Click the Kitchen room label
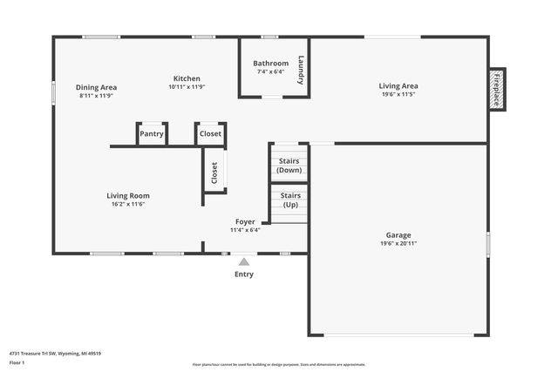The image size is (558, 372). (187, 78)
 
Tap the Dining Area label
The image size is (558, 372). (96, 87)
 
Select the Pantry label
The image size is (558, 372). (152, 134)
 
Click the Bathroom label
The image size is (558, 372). (270, 64)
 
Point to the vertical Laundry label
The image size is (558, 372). (301, 70)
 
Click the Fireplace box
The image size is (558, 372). (496, 90)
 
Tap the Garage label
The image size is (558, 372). (398, 235)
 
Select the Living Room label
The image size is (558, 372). (128, 196)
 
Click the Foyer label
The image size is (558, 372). (245, 222)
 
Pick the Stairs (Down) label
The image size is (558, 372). (289, 166)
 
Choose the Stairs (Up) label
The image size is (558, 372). (291, 200)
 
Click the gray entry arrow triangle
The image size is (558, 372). (244, 261)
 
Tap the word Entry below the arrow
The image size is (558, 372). (244, 274)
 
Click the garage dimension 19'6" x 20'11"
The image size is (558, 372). (398, 244)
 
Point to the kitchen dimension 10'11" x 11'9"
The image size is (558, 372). (186, 87)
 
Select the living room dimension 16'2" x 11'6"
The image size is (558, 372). (127, 205)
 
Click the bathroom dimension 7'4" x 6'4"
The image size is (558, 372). (270, 72)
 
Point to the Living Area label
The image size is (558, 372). (398, 85)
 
